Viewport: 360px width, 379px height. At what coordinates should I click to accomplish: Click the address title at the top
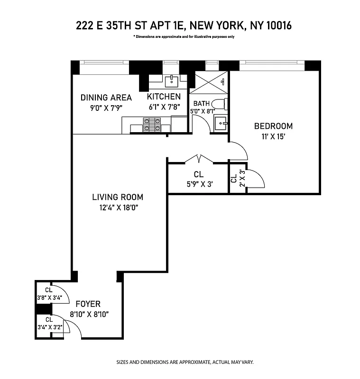(x=184, y=26)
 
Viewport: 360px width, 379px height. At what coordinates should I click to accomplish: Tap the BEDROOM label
(x=273, y=126)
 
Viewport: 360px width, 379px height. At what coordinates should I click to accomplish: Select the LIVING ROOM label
(x=118, y=197)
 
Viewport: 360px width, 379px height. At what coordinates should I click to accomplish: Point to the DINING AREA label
(x=106, y=98)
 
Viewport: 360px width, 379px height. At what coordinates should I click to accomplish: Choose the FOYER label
(x=88, y=304)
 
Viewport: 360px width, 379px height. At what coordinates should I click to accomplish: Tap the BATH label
(x=201, y=103)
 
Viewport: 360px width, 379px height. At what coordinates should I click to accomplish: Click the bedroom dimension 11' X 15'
(x=273, y=136)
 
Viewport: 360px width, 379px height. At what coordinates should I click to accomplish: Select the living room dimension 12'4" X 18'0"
(x=118, y=207)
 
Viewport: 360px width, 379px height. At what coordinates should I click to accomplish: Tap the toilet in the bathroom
(x=219, y=104)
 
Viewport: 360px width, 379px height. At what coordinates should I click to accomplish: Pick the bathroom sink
(x=220, y=124)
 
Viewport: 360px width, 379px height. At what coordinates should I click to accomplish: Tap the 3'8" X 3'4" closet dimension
(x=49, y=298)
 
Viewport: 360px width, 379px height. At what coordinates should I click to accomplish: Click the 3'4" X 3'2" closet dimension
(x=49, y=326)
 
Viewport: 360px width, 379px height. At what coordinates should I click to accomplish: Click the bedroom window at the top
(x=272, y=65)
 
